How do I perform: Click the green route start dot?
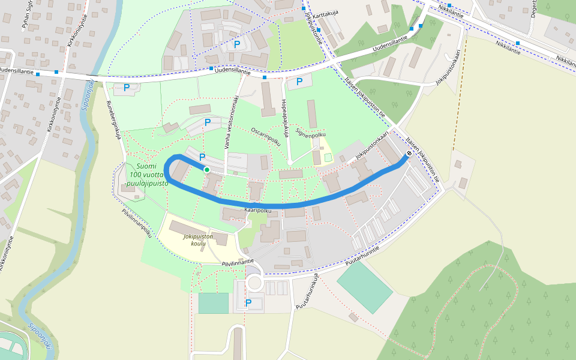tap(207, 170)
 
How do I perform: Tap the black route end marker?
tap(409, 154)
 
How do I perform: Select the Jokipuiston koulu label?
tap(199, 241)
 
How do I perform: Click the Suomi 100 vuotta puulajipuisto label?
tap(147, 174)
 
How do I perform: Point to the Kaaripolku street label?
tap(259, 211)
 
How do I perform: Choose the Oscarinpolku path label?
tap(266, 137)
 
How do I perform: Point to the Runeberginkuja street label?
tap(113, 119)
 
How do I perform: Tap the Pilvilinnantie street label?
tap(238, 262)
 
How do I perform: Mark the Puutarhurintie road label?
tap(364, 259)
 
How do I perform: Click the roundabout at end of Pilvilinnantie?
tap(254, 283)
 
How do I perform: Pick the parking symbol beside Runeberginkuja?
tap(127, 88)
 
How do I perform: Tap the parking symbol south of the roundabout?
tap(248, 303)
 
